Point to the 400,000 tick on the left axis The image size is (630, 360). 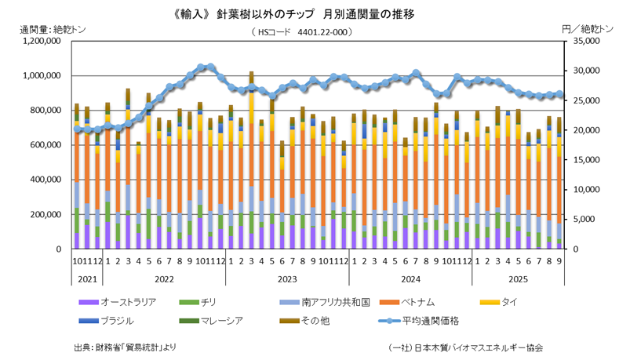46,180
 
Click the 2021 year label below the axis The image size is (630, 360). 88,279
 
